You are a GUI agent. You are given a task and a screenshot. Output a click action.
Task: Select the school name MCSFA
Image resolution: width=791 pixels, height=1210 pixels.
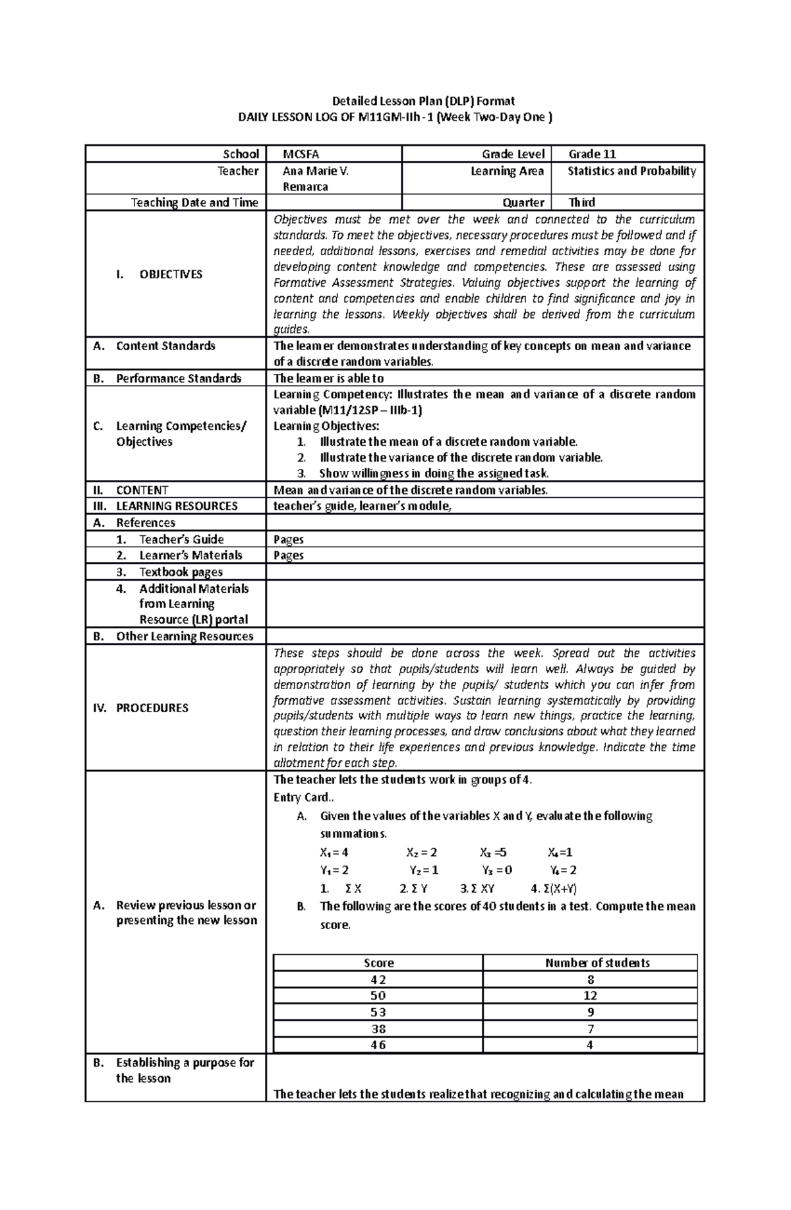(x=301, y=154)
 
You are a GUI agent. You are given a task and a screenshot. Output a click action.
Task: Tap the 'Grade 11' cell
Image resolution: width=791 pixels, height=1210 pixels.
(x=592, y=154)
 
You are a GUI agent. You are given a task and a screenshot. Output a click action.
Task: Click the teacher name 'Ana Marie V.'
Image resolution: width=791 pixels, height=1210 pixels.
(x=315, y=171)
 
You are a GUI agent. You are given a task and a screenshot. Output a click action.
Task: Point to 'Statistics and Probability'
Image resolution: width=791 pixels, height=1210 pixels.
(x=631, y=171)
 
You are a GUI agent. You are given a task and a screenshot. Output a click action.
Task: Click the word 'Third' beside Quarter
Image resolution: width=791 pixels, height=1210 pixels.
(x=581, y=202)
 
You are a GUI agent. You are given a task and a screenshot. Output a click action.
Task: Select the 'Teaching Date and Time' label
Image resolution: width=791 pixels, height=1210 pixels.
(x=194, y=202)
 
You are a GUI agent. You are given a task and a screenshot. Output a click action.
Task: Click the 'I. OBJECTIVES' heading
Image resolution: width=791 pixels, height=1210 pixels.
(x=159, y=274)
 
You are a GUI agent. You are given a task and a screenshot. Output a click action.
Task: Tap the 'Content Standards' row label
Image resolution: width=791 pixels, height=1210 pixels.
(x=165, y=346)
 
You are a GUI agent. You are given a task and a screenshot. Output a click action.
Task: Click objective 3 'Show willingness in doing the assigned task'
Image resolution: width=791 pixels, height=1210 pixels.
(x=433, y=473)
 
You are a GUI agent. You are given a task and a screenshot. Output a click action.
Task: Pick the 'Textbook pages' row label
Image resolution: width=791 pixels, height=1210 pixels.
(x=181, y=572)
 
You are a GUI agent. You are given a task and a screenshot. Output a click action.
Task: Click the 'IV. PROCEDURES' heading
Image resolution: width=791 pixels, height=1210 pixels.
(x=152, y=708)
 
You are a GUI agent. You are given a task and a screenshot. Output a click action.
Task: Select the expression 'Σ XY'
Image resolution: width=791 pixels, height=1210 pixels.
(x=483, y=888)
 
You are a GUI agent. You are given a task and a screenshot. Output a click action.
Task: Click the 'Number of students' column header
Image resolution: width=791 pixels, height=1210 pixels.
(x=597, y=963)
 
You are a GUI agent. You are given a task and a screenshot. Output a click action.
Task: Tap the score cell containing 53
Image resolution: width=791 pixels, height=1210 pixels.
(x=378, y=1012)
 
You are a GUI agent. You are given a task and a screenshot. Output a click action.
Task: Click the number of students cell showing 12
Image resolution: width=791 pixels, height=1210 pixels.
(x=590, y=996)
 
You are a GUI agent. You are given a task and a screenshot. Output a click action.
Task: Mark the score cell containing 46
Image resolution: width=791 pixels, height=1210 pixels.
(x=378, y=1045)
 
